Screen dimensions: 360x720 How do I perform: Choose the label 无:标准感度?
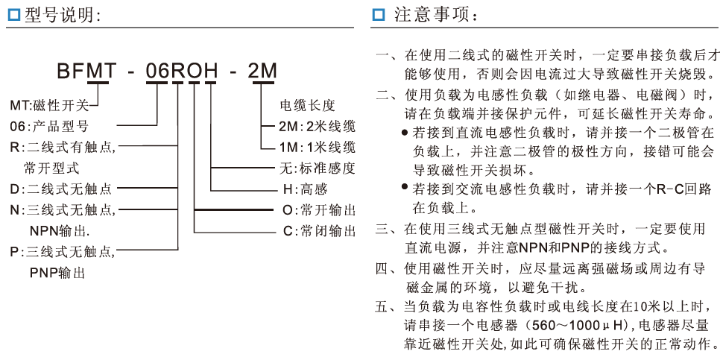point(312,168)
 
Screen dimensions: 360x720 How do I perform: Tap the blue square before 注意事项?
point(379,15)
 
